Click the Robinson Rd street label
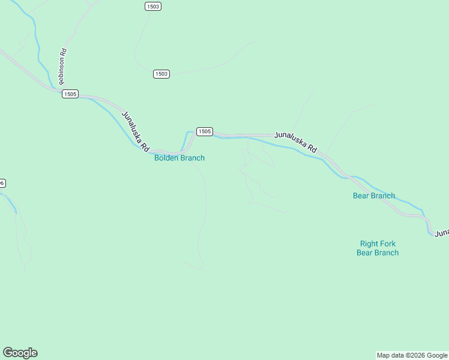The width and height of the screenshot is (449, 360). coord(62,65)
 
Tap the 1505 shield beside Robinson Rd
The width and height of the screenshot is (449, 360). coord(70,94)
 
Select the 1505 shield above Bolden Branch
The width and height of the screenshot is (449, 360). coord(204,131)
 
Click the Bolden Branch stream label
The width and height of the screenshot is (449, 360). coord(179,158)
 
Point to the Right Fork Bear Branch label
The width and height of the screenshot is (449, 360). coord(378,248)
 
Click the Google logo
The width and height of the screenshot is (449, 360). coord(20,353)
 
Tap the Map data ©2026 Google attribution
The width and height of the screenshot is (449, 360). coord(412,355)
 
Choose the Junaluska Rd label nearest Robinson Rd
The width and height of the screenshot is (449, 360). coord(135,130)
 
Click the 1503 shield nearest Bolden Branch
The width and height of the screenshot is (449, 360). coord(161,74)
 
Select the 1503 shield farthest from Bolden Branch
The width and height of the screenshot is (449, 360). coord(153,6)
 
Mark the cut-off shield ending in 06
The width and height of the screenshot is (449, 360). coord(2,183)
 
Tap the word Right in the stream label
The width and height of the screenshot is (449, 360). coord(369,244)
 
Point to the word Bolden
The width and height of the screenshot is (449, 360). coord(166,158)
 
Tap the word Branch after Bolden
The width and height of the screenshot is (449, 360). coord(192,158)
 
